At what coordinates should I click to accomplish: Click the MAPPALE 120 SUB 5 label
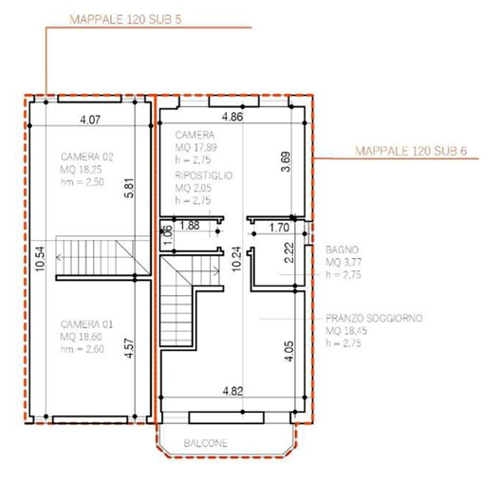point(125,20)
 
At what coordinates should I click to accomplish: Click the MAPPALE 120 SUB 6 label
point(411,151)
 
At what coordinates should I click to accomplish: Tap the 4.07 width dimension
point(90,120)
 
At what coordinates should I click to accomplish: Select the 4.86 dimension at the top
point(232,117)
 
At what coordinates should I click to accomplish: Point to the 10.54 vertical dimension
point(41,259)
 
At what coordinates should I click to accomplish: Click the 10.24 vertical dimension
point(236,259)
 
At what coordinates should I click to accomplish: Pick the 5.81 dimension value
point(129,188)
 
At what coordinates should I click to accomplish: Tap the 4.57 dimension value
point(129,348)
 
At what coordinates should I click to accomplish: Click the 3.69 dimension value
point(286,161)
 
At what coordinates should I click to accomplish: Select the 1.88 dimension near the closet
point(190,226)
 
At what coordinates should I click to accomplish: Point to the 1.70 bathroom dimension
point(279,228)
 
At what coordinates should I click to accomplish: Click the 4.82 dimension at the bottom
point(232,391)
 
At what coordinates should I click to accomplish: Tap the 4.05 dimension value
point(288,351)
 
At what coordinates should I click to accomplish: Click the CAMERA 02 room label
point(86,157)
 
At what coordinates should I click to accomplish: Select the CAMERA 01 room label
point(86,324)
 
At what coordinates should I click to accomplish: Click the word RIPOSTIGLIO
point(204,176)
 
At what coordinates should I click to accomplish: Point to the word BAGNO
point(342,249)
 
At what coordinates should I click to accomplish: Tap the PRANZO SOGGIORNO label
point(374,318)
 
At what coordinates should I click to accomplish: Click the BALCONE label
point(206,443)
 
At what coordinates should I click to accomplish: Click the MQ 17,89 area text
point(195,148)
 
